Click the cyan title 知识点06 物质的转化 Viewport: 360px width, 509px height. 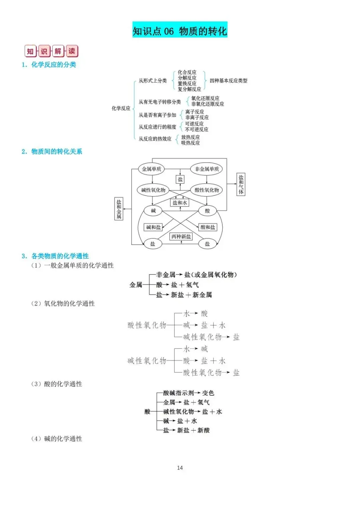[180, 30]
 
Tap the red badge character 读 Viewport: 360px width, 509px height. [72, 51]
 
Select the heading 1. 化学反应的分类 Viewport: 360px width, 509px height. [49, 65]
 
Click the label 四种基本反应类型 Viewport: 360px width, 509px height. [228, 81]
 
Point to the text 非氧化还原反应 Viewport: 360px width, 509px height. [207, 104]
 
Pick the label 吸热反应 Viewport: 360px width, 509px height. [190, 143]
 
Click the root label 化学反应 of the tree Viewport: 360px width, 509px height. [121, 108]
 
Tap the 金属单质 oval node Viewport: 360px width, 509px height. [151, 169]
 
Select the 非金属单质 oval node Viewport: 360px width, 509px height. [207, 169]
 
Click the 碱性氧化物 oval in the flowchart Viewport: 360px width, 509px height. [153, 190]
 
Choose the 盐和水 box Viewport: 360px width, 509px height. [180, 203]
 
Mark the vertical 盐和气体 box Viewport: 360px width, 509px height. [241, 184]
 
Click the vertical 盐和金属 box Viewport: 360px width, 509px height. [119, 209]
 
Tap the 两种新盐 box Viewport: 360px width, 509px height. [181, 237]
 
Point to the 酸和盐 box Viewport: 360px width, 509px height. [208, 227]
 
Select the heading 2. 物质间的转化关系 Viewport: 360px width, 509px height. [52, 152]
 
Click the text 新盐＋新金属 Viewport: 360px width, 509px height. [191, 295]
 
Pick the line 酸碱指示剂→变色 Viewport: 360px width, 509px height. [189, 393]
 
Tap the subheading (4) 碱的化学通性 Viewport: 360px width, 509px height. [57, 439]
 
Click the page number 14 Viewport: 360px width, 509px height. [180, 468]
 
